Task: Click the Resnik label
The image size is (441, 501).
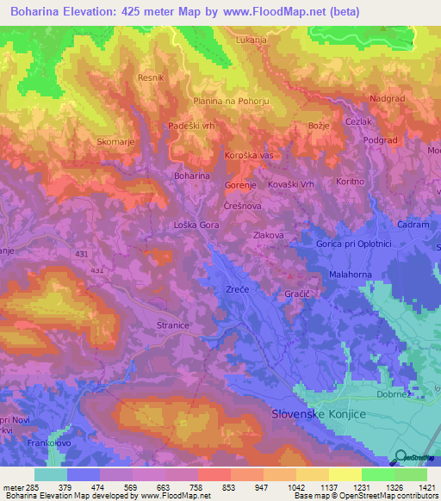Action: click(x=151, y=77)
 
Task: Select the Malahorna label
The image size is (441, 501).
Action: click(x=349, y=274)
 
